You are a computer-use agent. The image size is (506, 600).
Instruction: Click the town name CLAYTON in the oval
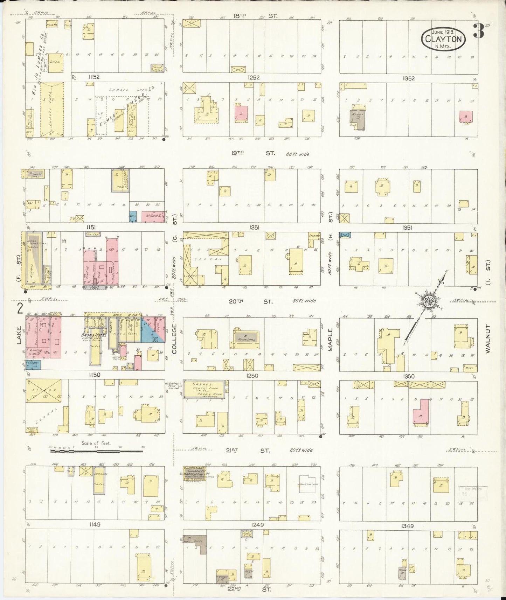click(x=443, y=39)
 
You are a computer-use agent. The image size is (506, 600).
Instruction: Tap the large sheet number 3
click(x=478, y=31)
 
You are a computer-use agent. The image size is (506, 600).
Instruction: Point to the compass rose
click(x=429, y=301)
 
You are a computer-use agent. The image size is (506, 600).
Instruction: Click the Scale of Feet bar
click(x=96, y=451)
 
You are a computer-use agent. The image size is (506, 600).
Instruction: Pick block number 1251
click(x=254, y=228)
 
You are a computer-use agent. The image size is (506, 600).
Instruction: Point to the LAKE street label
click(x=19, y=335)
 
